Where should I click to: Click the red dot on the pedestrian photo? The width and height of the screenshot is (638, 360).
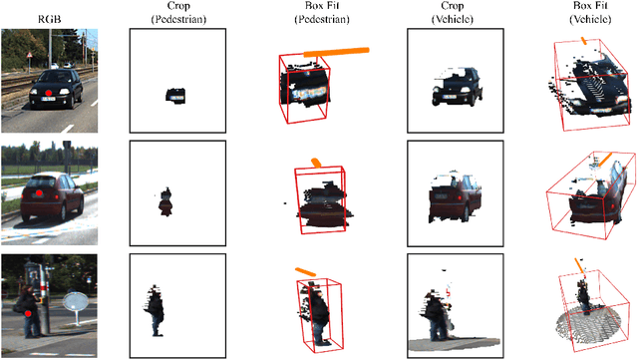coord(31,313)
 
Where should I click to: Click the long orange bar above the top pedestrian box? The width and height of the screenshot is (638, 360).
coord(335,52)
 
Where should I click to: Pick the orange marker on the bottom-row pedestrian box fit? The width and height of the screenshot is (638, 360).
coord(305,270)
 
